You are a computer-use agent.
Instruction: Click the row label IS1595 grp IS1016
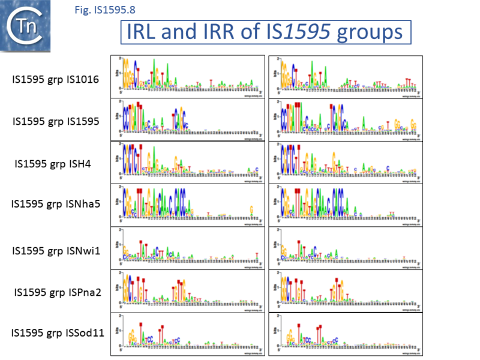tap(55, 79)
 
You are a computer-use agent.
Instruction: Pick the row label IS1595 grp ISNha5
tap(55, 203)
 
